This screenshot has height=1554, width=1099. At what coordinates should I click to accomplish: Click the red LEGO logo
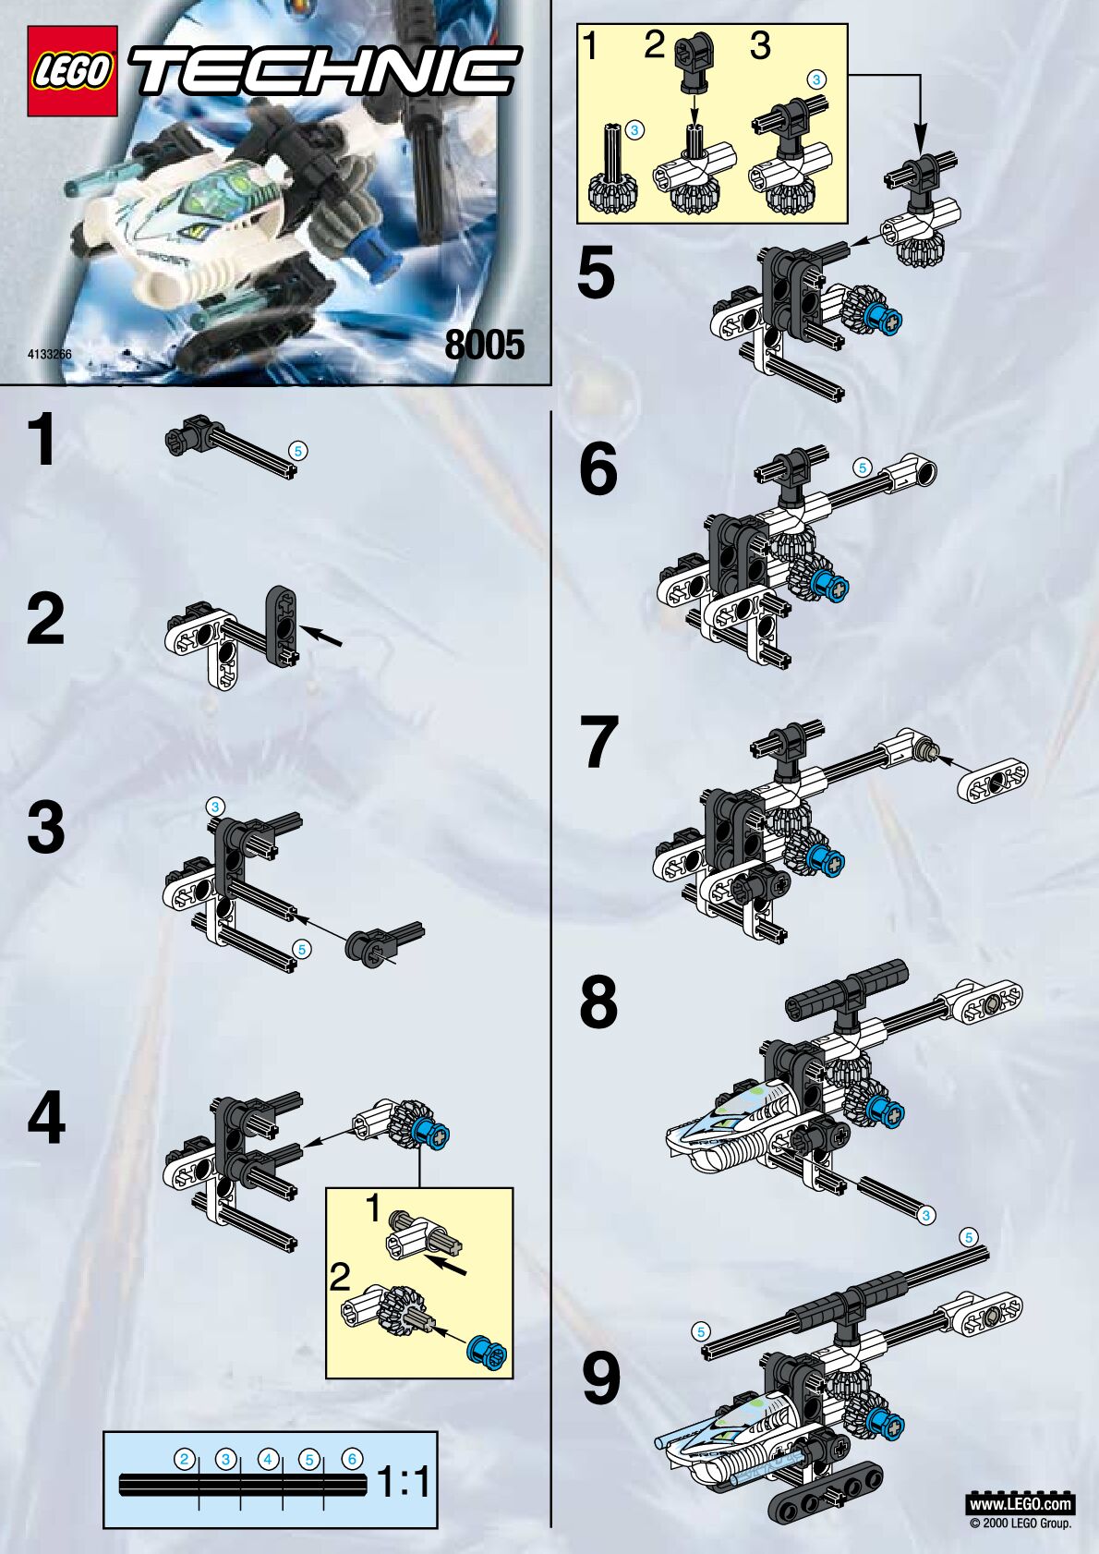[72, 71]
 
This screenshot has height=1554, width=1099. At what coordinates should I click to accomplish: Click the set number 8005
[485, 345]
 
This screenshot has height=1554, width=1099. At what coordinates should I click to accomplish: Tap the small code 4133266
[50, 354]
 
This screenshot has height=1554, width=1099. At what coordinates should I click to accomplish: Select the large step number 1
[43, 439]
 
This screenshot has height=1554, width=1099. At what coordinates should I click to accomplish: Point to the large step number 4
[46, 1118]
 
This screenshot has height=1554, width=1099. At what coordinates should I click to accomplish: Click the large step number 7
[599, 743]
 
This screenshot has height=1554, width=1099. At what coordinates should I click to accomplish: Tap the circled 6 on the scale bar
[352, 1459]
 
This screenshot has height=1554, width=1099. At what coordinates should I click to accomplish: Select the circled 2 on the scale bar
[185, 1459]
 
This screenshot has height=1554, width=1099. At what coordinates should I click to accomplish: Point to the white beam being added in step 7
[994, 782]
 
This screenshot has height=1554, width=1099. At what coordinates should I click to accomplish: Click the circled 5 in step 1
[298, 451]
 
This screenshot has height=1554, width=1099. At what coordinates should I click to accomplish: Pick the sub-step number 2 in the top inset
[655, 46]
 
